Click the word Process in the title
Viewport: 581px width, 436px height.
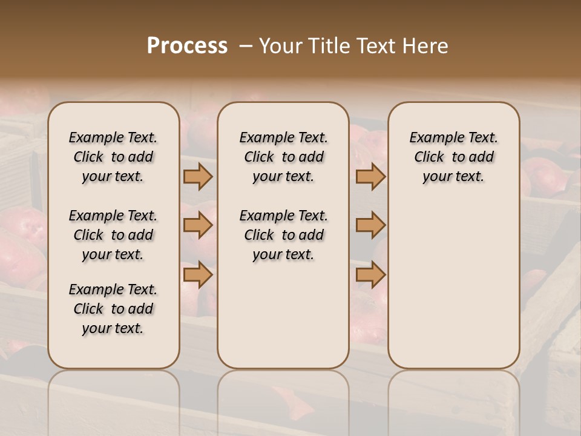coord(187,46)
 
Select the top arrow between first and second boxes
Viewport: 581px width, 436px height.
coord(198,176)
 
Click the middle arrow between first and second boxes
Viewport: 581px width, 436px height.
coord(198,225)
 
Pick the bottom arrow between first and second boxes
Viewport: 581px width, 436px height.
coord(198,275)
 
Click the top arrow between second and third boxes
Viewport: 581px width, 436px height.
coord(370,176)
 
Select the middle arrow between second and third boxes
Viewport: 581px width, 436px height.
coord(370,225)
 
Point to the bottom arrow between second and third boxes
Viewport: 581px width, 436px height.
coord(370,275)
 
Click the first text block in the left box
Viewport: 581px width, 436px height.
coord(113,157)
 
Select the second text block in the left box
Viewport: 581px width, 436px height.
coord(113,235)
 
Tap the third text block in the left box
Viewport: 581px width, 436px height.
coord(113,309)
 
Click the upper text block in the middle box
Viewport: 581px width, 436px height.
coord(283,157)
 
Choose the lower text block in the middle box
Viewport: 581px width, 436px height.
coord(283,235)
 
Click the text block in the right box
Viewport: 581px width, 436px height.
coord(453,157)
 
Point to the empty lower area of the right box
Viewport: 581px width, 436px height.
coord(453,279)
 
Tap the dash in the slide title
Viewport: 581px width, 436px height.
coord(244,46)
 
